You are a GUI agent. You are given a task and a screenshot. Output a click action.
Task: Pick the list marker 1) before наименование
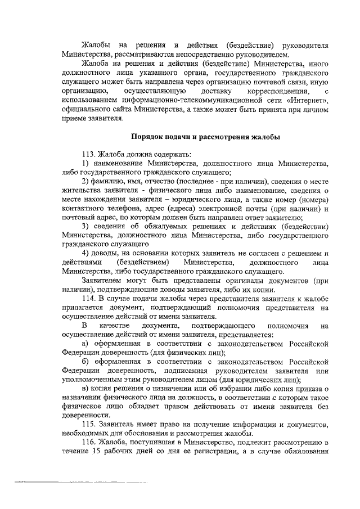[85, 164]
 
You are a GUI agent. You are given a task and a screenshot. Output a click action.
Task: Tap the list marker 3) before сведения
[85, 227]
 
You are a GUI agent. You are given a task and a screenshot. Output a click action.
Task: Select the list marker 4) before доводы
[85, 254]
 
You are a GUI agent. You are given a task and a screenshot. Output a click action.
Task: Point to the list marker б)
[85, 362]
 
